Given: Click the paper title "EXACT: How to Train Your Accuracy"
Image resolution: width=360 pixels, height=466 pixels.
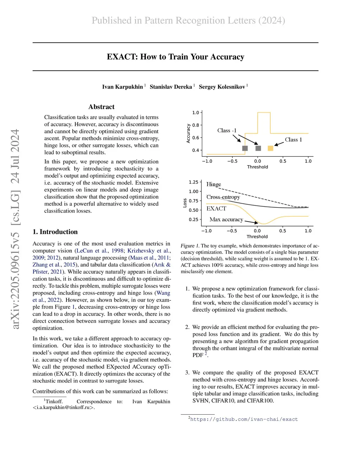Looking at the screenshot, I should [x=175, y=57].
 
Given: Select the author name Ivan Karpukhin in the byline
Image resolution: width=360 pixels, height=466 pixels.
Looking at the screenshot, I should [x=122, y=87].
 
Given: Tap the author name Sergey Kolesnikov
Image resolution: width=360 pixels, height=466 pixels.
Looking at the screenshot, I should [x=222, y=87].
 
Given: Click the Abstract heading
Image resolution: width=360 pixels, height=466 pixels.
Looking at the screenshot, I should [x=101, y=107].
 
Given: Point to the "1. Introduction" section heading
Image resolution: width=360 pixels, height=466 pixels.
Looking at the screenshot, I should [x=55, y=232].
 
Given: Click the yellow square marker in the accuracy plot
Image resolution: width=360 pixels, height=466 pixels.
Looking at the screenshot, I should [x=270, y=148].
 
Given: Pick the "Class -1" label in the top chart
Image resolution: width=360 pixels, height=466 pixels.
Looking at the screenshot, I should [x=227, y=130].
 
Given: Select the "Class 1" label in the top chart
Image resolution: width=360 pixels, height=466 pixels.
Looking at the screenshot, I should [x=293, y=140].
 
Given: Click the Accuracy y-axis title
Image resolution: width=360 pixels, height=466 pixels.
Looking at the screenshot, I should [x=188, y=133].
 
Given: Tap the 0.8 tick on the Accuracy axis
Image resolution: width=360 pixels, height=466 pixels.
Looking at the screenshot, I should [x=195, y=125].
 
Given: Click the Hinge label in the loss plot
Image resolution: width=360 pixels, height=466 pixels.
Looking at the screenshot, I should [x=213, y=184].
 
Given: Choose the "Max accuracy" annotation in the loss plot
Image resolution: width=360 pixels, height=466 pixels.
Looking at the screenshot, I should [x=226, y=219].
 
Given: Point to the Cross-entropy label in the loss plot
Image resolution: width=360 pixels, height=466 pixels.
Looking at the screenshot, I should [x=223, y=197].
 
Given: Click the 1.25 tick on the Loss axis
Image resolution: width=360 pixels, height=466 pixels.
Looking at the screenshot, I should [x=193, y=182].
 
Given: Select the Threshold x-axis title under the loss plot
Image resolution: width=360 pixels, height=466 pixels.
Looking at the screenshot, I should [x=257, y=237].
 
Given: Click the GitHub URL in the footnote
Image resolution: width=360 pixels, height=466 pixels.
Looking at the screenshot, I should [x=244, y=419].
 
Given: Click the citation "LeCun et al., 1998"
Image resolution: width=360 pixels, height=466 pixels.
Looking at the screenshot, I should [x=100, y=251].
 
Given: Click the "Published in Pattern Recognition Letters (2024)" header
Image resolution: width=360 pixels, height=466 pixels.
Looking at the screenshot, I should [x=188, y=20].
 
